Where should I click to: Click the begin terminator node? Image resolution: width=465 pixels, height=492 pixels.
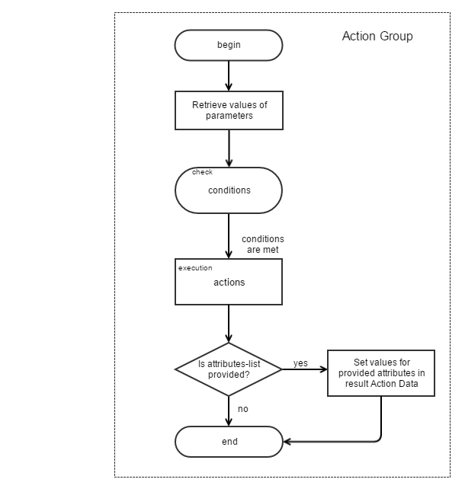tap(229, 45)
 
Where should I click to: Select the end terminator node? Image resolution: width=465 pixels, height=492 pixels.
tap(229, 442)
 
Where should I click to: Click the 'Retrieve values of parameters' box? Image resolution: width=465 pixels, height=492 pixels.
tap(229, 110)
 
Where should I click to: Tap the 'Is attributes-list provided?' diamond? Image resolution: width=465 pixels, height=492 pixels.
tap(229, 369)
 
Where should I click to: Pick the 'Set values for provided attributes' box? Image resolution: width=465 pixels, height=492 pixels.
tap(381, 373)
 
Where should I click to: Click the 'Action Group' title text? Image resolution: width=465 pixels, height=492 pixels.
tap(377, 36)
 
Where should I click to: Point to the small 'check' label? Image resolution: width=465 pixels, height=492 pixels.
tap(202, 172)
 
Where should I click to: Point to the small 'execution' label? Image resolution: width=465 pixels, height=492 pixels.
tap(195, 268)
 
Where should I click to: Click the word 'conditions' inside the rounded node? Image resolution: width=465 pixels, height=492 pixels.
tap(229, 190)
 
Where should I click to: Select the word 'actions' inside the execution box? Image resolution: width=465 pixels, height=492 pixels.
tap(229, 282)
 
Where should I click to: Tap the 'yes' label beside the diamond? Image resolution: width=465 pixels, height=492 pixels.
tap(300, 363)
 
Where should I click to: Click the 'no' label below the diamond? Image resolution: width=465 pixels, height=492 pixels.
tap(242, 409)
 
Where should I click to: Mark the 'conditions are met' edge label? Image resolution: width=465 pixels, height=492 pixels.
tap(263, 244)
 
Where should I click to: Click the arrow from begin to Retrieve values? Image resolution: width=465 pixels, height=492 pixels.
tap(229, 76)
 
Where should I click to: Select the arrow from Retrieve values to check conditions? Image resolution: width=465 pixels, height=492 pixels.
tap(229, 149)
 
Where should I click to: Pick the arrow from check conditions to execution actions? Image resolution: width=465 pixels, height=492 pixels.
tap(229, 236)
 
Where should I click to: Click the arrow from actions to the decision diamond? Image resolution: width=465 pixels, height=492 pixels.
tap(229, 324)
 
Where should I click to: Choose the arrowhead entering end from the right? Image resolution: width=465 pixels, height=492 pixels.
tap(289, 442)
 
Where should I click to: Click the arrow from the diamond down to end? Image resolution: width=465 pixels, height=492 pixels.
tap(229, 411)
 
